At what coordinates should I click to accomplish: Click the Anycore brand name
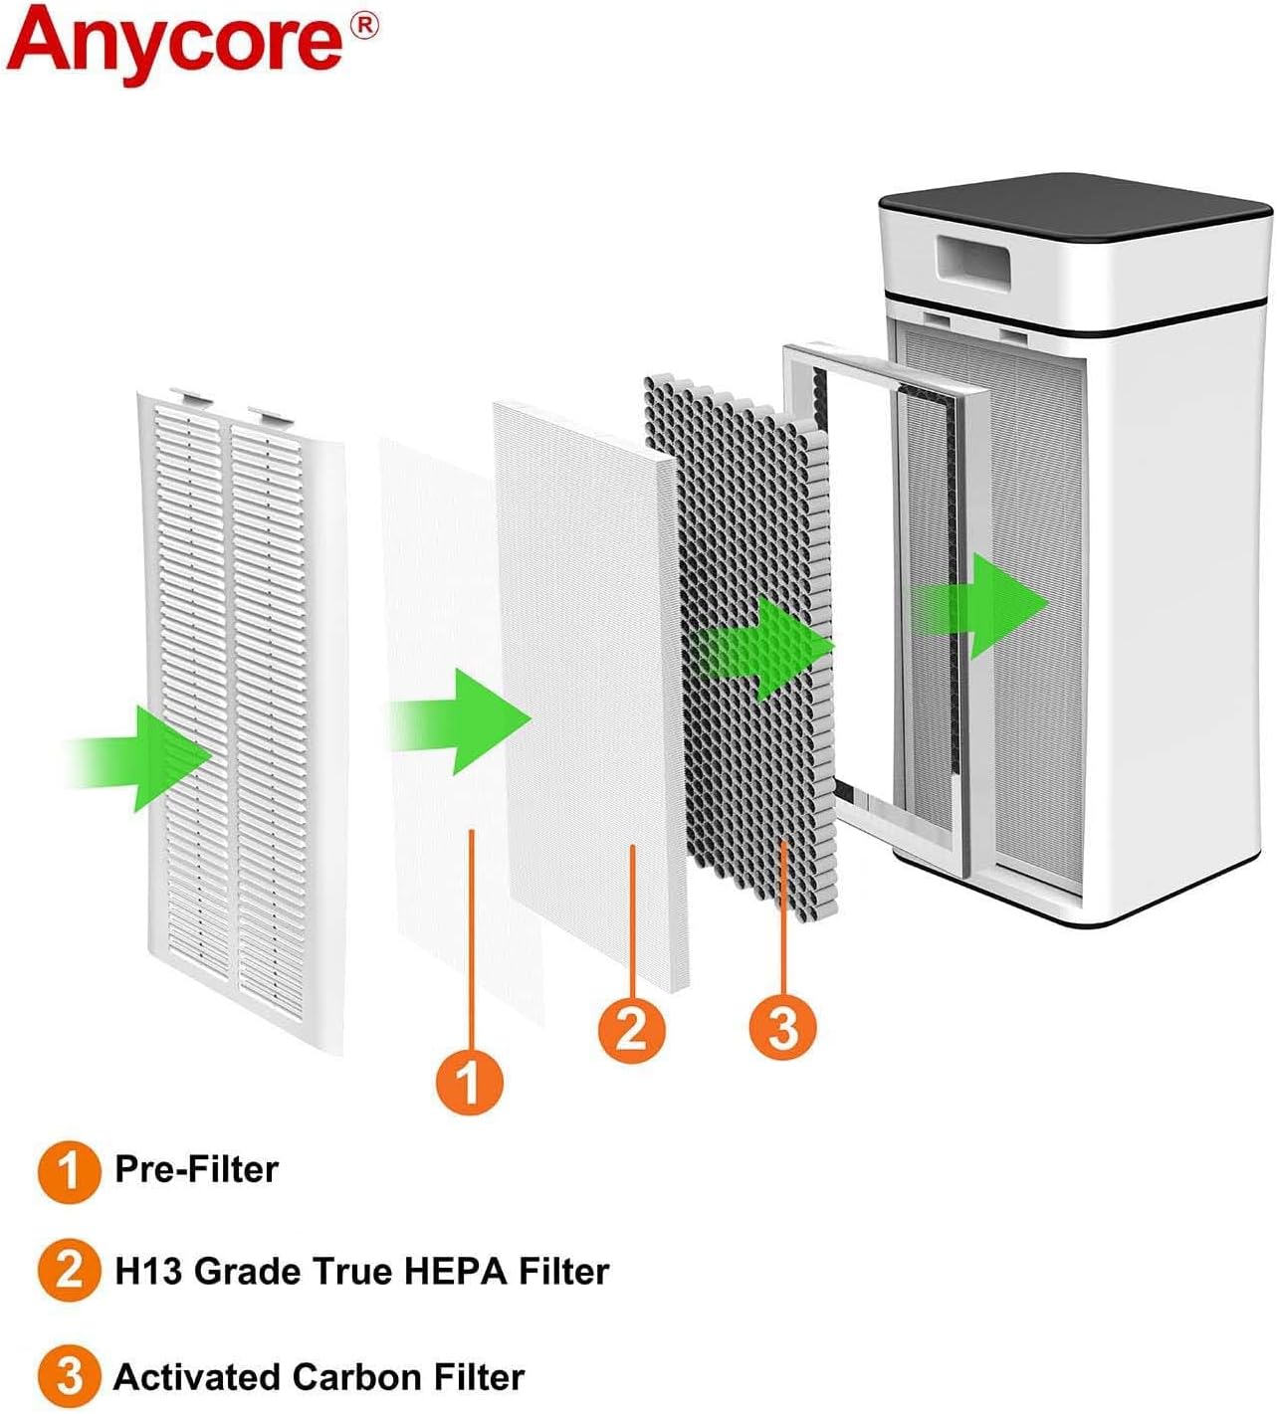pos(174,40)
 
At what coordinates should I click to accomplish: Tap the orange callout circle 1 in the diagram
pos(470,1081)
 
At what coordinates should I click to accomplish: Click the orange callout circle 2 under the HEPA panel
pos(632,1028)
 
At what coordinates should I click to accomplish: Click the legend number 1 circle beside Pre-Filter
pos(69,1171)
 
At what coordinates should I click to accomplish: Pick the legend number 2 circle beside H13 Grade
pos(69,1271)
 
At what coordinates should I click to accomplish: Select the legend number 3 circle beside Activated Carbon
pos(69,1377)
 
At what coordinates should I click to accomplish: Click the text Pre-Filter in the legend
pos(196,1169)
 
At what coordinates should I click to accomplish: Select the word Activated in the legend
pos(198,1377)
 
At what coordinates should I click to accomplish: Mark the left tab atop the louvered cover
pos(190,396)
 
